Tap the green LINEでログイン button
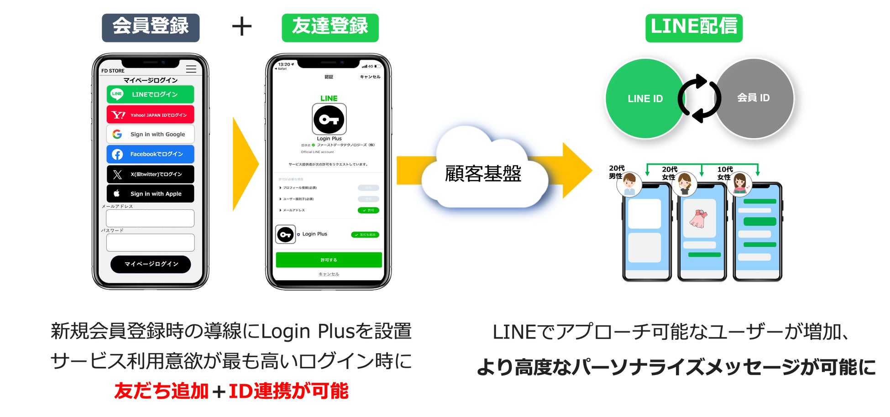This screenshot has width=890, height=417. point(150,94)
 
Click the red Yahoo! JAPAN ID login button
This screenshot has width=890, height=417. point(150,115)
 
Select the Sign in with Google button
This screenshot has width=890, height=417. point(150,134)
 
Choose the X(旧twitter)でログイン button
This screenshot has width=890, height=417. point(150,174)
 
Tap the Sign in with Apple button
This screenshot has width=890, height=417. point(150,193)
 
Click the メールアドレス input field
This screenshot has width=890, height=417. point(150,218)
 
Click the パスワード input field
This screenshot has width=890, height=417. point(150,243)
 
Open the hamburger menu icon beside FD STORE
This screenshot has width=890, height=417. point(191,69)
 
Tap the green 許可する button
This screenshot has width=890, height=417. point(329,260)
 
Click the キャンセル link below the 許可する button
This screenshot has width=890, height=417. point(329,274)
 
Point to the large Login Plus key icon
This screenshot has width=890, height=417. point(329,120)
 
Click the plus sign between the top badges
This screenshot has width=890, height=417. point(241,26)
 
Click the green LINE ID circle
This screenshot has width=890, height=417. point(645,98)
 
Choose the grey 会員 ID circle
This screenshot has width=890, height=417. point(754,98)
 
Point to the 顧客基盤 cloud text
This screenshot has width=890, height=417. point(483,174)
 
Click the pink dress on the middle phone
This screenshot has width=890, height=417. point(698,219)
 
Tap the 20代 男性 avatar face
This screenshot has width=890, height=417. point(629,183)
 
